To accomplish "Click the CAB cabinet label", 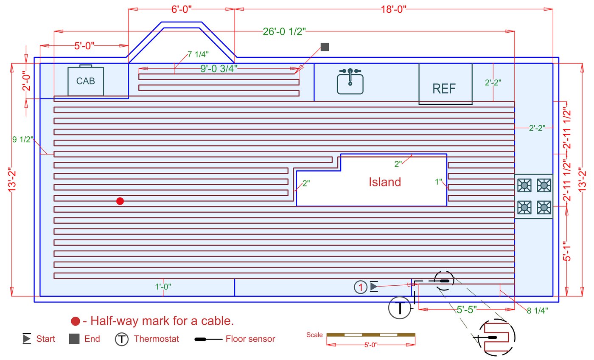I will (x=86, y=81).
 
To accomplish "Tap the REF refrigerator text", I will (x=444, y=89).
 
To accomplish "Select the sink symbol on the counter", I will (x=350, y=82).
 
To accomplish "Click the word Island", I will (x=384, y=182).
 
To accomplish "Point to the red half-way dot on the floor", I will (x=120, y=201).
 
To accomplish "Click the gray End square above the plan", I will (x=325, y=47).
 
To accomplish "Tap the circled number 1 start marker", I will (x=360, y=287).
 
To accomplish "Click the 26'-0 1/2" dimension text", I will (x=284, y=32).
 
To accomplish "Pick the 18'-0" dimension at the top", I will (x=393, y=10).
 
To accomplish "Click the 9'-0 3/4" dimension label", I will (x=225, y=68).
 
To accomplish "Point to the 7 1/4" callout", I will (x=198, y=55).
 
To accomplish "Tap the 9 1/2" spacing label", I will (x=23, y=139).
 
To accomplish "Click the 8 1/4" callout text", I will (x=537, y=310).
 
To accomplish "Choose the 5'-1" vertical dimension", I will (x=567, y=251).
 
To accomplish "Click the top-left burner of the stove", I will (x=524, y=185).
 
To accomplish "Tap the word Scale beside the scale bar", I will (x=314, y=335).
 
